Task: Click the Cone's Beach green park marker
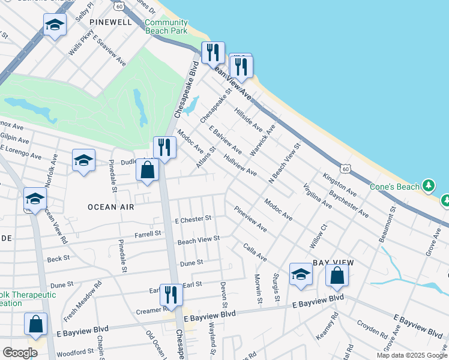(x=429, y=186)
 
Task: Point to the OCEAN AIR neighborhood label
(x=110, y=206)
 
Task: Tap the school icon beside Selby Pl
(x=55, y=26)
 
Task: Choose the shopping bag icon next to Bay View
(x=337, y=275)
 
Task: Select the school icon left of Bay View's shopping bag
(x=301, y=274)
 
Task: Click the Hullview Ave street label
(x=240, y=164)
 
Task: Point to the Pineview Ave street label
(x=250, y=220)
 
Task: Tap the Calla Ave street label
(x=255, y=251)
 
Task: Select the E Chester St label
(x=193, y=219)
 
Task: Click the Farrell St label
(x=148, y=233)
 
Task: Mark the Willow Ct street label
(x=318, y=236)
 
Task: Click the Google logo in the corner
(x=20, y=353)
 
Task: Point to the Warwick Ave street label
(x=262, y=140)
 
